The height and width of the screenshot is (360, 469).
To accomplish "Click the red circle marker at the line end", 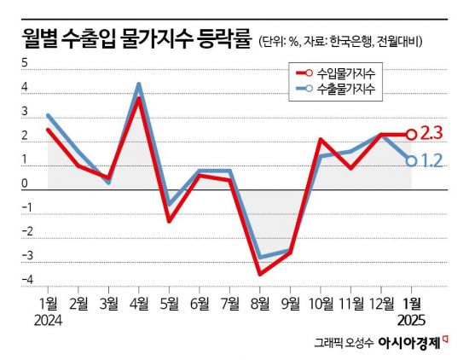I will [411, 134].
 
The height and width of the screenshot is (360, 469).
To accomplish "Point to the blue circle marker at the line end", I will [411, 160].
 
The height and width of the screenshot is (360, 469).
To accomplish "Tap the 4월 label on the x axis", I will [138, 304].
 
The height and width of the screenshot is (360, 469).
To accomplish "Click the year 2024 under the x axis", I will [49, 321].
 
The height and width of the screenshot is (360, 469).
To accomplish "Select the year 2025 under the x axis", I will [411, 321].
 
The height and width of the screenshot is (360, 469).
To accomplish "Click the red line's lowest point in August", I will [259, 274].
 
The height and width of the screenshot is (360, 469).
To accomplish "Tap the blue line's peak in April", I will [138, 84].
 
